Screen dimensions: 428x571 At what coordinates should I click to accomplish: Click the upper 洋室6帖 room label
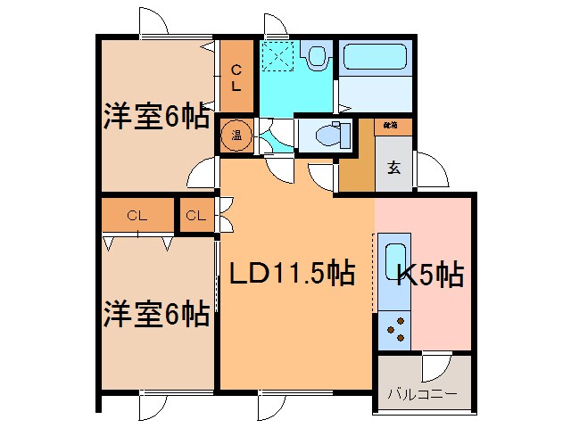click(x=156, y=117)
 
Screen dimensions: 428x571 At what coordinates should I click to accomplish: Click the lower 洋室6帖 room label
click(x=156, y=313)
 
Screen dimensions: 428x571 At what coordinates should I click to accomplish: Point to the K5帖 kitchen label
click(x=430, y=276)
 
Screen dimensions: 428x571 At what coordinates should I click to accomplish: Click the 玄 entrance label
click(x=393, y=166)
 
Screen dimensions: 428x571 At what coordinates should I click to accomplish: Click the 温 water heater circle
click(x=237, y=136)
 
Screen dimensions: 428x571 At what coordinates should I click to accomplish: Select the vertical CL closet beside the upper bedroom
click(x=236, y=78)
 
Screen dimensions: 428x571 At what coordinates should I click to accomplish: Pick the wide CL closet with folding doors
click(x=137, y=215)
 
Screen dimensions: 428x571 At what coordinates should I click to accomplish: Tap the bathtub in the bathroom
click(x=374, y=60)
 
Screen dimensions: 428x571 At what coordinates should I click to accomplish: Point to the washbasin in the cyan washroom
click(x=315, y=58)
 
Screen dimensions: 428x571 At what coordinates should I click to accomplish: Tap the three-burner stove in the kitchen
click(x=393, y=329)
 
